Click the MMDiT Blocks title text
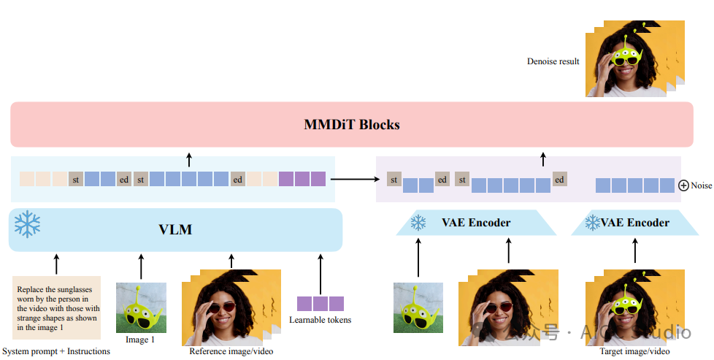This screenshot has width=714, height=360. point(352,124)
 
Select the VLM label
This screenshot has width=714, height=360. point(175,229)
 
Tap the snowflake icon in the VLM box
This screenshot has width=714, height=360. point(28,224)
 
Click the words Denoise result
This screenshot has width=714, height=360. point(553,61)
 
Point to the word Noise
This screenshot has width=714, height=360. point(701,185)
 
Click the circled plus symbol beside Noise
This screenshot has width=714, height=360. point(683,185)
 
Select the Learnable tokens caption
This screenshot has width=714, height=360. point(320,320)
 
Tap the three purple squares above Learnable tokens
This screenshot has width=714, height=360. point(320,303)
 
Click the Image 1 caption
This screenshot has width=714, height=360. point(140,340)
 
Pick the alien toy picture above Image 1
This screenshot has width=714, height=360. point(141,307)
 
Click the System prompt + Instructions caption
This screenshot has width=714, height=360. point(56,351)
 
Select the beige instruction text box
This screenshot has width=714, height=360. point(56,307)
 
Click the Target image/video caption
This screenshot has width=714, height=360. point(634,351)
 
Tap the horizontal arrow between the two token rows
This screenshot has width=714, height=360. point(355,178)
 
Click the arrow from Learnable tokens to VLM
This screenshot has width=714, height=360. point(320,272)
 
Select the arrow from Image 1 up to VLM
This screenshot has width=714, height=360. point(141,266)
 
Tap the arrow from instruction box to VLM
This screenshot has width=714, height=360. point(56,263)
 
